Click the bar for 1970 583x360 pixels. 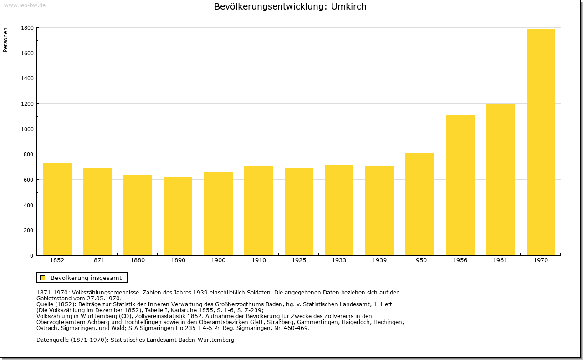pyautogui.click(x=541, y=142)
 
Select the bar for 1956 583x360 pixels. pyautogui.click(x=460, y=185)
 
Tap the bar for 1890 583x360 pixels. pyautogui.click(x=178, y=217)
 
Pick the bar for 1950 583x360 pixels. pyautogui.click(x=419, y=204)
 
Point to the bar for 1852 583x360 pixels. pyautogui.click(x=57, y=209)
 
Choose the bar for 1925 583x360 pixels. pyautogui.click(x=299, y=212)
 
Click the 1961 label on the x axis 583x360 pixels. pyautogui.click(x=500, y=260)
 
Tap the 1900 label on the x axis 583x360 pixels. pyautogui.click(x=218, y=260)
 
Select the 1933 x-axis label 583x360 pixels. pyautogui.click(x=339, y=260)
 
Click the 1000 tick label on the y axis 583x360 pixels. pyautogui.click(x=27, y=129)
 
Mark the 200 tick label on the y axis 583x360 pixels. pyautogui.click(x=28, y=230)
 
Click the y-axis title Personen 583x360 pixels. pyautogui.click(x=5, y=40)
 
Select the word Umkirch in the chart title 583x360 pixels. pyautogui.click(x=348, y=6)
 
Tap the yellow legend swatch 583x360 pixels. pyautogui.click(x=43, y=278)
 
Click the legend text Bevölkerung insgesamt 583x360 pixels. pyautogui.click(x=86, y=278)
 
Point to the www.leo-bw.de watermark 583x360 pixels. pyautogui.click(x=25, y=5)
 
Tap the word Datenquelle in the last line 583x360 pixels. pyautogui.click(x=52, y=340)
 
